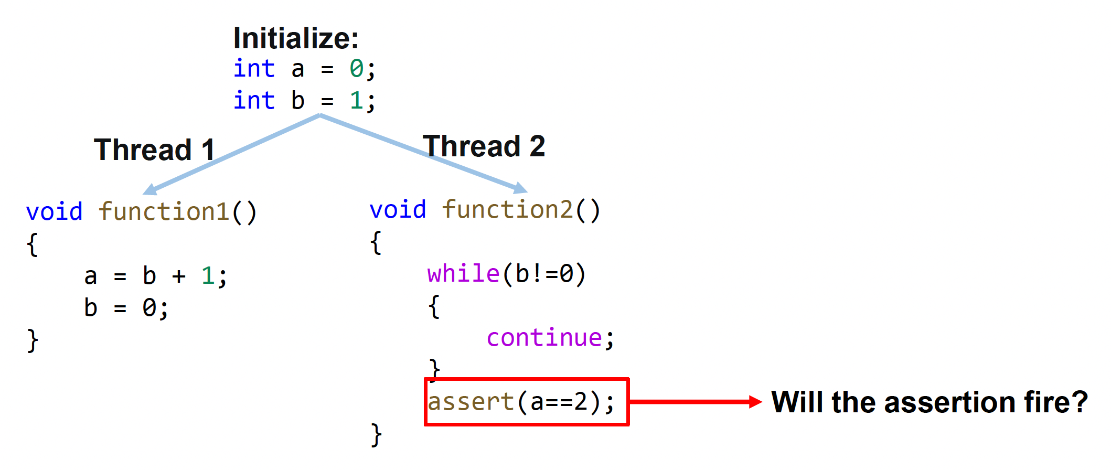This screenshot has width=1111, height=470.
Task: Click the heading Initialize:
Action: (296, 38)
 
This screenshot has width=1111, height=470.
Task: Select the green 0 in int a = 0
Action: (357, 69)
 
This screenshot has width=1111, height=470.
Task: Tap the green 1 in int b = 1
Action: (357, 100)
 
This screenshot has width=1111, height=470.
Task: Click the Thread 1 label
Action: (154, 150)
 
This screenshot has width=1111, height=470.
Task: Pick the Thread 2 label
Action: (484, 146)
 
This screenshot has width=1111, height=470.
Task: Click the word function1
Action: (164, 212)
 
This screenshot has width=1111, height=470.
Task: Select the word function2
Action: (507, 210)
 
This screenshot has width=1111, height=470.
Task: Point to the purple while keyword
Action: (463, 274)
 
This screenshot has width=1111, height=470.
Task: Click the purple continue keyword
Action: (544, 338)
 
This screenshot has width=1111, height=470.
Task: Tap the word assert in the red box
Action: (471, 402)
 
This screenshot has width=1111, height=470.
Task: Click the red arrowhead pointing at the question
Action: (755, 402)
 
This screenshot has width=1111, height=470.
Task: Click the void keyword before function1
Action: (54, 212)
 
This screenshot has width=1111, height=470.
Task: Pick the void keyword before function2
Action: (398, 210)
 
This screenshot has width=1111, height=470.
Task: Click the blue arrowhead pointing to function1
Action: (151, 189)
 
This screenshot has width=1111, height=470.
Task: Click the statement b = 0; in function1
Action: (126, 308)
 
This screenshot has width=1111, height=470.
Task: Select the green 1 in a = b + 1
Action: (207, 276)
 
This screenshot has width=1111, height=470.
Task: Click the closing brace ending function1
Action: (33, 340)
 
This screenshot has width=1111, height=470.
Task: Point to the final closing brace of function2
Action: (376, 435)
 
